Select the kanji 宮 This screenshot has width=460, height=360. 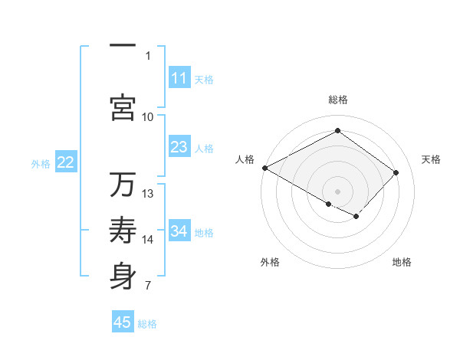coord(123,107)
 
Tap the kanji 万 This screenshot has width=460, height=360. coord(123,185)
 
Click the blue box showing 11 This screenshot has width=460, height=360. coord(179,78)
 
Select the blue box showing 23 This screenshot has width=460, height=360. coord(179,147)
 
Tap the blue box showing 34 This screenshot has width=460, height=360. coord(179,231)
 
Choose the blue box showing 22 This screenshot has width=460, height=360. coord(66,162)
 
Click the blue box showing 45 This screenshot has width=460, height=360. coord(123,322)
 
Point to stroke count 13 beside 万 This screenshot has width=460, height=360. coord(148,193)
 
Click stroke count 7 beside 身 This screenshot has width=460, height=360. coord(147,286)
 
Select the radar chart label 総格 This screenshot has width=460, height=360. coord(338,100)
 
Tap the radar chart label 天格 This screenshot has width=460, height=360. coord(431,159)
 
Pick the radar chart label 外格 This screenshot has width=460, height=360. coord(270,262)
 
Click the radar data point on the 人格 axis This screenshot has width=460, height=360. coord(264,168)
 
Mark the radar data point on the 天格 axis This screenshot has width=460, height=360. coord(396,172)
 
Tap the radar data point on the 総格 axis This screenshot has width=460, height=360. coord(337,131)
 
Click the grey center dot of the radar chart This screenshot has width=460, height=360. coord(337,191)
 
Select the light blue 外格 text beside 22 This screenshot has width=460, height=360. coord(41,163)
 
